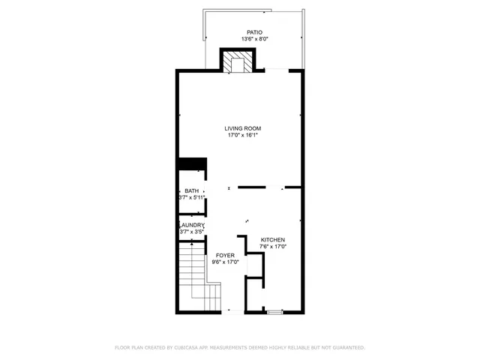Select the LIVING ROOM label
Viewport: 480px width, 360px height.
[242, 128]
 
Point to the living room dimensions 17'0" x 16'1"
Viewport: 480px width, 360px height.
[242, 136]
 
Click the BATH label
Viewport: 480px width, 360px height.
[192, 190]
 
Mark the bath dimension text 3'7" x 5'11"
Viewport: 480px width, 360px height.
[192, 198]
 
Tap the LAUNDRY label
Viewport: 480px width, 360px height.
[191, 225]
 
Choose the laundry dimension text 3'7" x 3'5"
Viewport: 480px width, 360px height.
[191, 232]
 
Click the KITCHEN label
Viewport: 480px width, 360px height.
[273, 239]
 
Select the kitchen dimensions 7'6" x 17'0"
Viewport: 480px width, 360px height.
[273, 247]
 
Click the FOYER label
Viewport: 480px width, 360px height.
[225, 256]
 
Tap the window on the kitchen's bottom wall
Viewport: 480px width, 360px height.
[274, 311]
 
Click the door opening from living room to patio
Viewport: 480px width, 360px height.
[278, 70]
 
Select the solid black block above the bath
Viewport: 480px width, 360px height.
[192, 164]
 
